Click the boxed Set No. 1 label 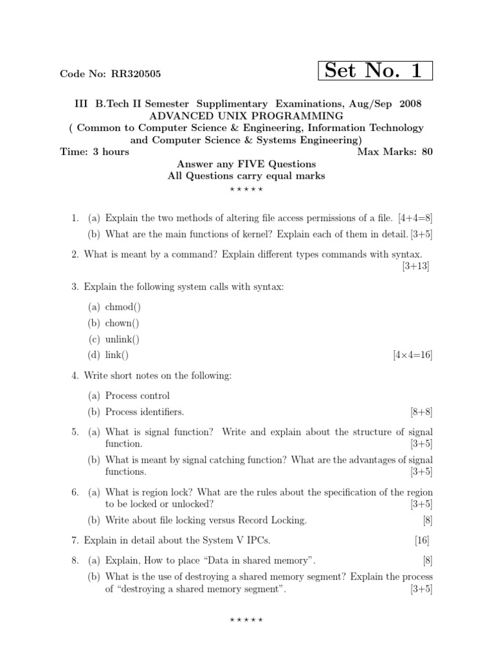tap(375, 71)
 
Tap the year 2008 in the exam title tap(410, 103)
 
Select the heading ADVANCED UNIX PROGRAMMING tap(246, 116)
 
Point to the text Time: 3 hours tap(94, 152)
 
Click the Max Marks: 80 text tap(394, 152)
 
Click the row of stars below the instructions tap(246, 190)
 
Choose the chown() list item tap(122, 323)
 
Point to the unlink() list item tap(122, 339)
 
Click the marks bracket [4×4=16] tap(412, 355)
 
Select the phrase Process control tap(138, 396)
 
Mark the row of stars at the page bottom tap(246, 620)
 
